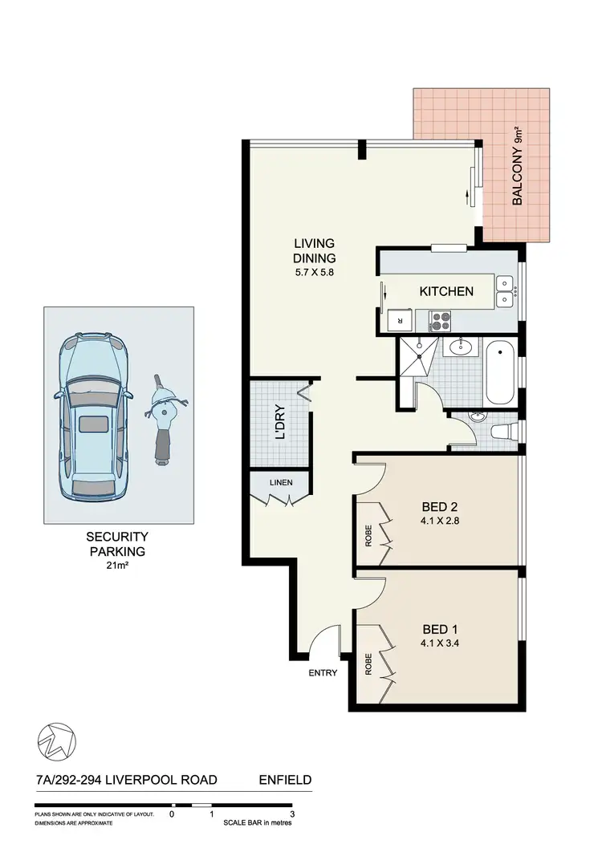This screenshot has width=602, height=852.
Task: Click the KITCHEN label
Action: tap(446, 291)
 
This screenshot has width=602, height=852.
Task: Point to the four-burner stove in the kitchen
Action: tap(441, 322)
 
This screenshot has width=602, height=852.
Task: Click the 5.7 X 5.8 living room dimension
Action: tap(314, 272)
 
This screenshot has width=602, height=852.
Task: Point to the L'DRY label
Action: tap(280, 426)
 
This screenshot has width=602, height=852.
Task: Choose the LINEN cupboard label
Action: tap(280, 482)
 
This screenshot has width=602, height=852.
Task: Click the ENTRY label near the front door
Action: tap(323, 673)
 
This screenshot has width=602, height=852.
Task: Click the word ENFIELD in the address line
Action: tap(285, 779)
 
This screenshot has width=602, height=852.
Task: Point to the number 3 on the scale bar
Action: tap(292, 813)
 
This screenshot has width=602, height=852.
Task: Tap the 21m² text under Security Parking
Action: tap(119, 565)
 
